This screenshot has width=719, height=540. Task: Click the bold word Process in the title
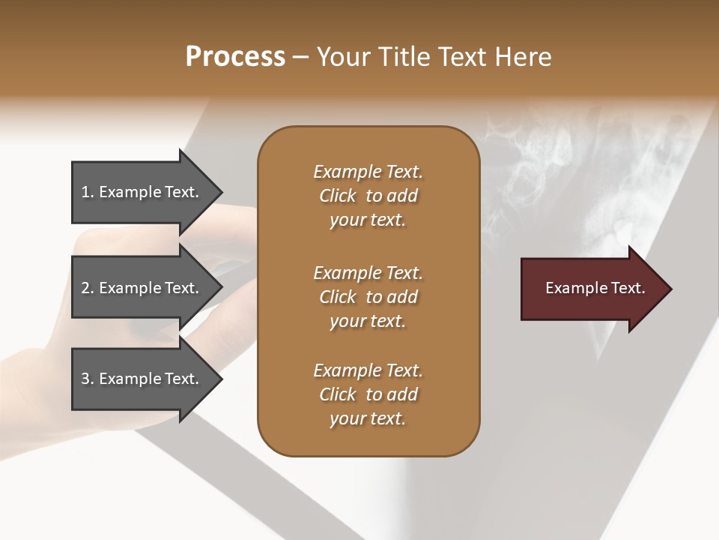tap(235, 57)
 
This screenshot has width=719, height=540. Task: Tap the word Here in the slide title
tap(525, 57)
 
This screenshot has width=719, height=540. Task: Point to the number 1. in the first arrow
tap(88, 192)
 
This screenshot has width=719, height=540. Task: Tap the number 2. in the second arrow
tap(88, 288)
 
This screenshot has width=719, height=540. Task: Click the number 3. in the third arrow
tap(88, 379)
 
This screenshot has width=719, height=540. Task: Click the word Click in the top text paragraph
tap(338, 196)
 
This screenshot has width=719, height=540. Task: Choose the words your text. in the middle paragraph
tap(368, 321)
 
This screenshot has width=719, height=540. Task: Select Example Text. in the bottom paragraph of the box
tap(368, 370)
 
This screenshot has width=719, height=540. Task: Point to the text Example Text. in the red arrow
tap(595, 288)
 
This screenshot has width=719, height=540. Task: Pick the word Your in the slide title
tap(342, 57)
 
